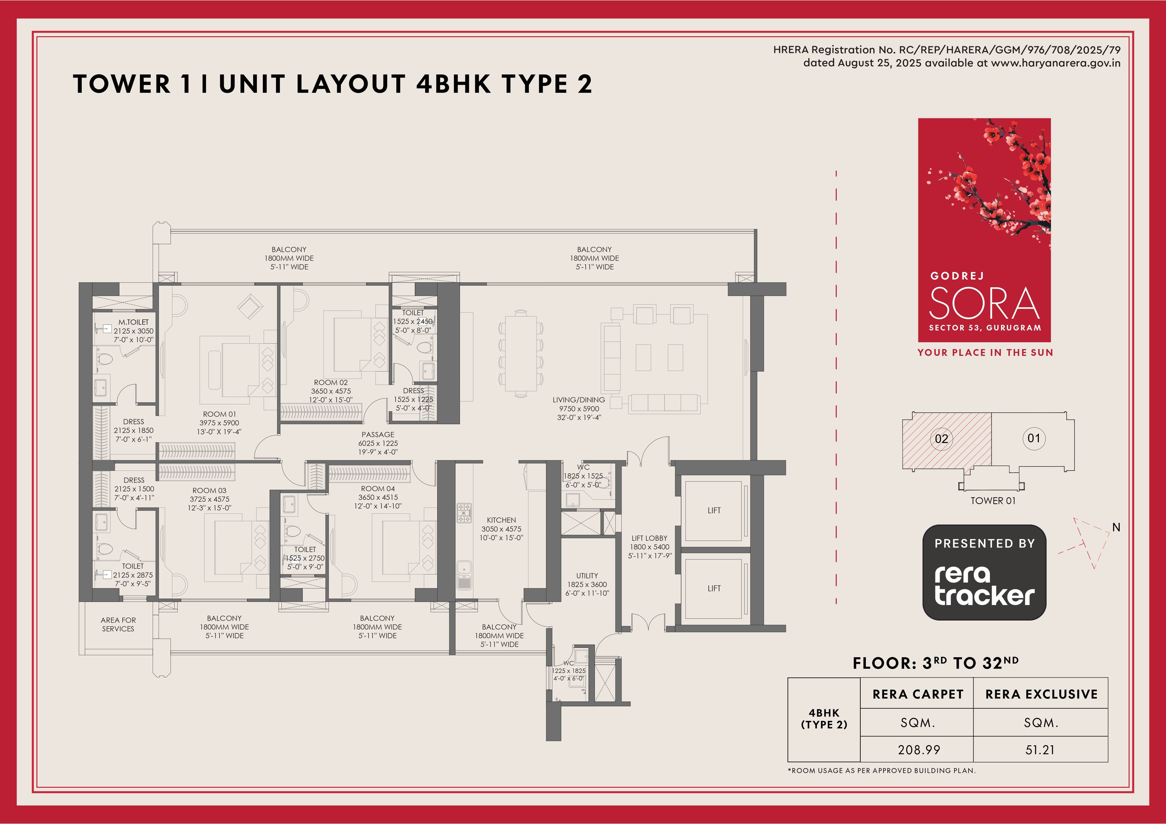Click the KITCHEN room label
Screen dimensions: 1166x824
tap(501, 520)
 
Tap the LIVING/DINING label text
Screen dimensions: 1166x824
tap(579, 400)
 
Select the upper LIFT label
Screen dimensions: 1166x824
tap(714, 510)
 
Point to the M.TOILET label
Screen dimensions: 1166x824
tap(133, 322)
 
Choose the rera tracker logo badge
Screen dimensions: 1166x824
tap(984, 572)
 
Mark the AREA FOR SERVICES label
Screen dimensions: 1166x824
tap(118, 625)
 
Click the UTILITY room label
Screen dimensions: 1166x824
tap(587, 576)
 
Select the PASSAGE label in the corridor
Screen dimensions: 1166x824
tap(378, 435)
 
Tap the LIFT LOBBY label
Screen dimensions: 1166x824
tap(650, 538)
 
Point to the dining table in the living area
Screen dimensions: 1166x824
tap(521, 354)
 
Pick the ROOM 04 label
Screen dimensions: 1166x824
tap(378, 489)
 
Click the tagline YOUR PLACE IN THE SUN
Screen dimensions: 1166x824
tap(985, 353)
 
